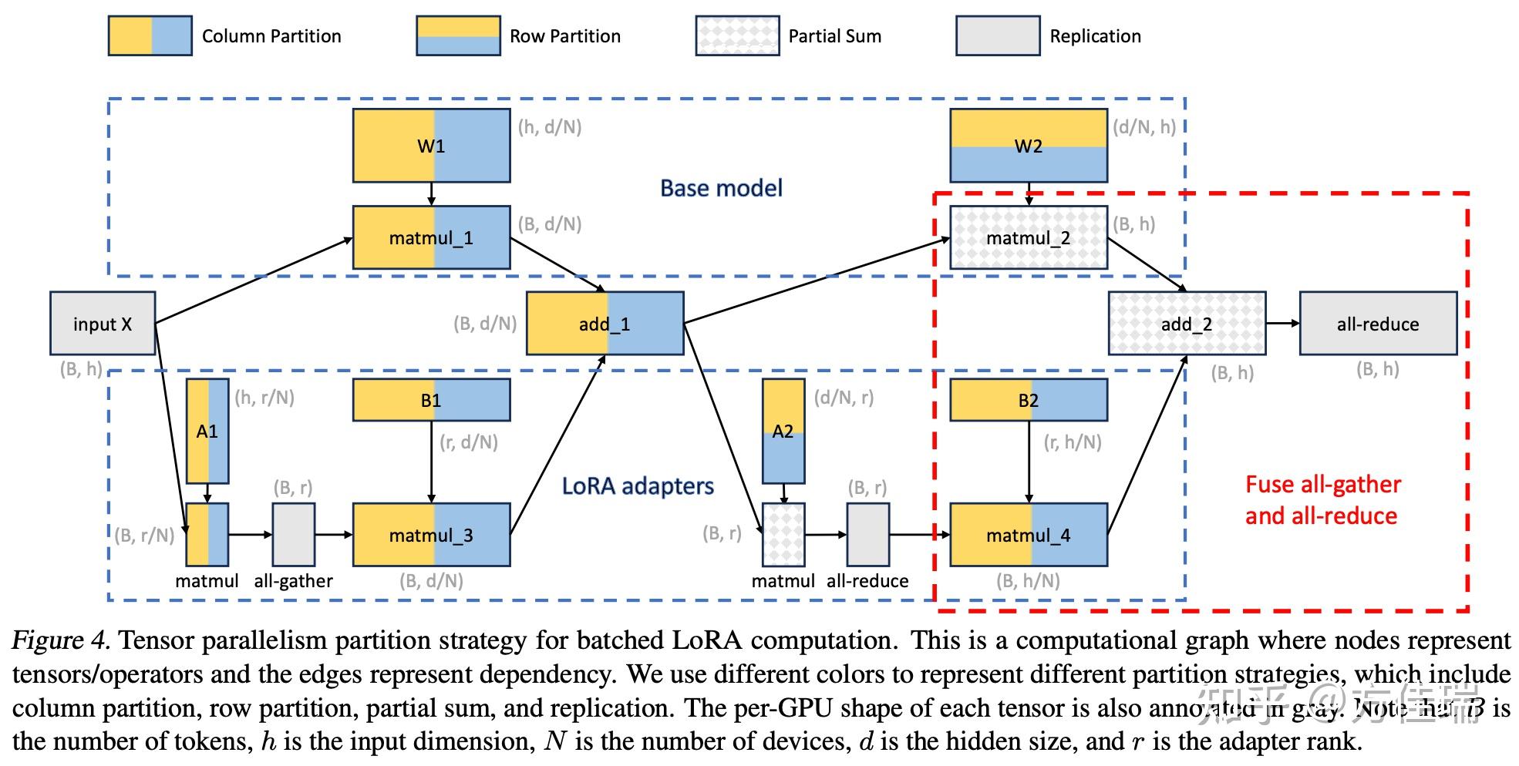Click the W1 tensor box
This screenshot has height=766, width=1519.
[431, 146]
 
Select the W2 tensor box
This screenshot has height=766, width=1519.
[1028, 146]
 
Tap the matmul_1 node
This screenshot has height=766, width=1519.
[431, 237]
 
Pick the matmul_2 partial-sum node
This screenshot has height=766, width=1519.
[1028, 237]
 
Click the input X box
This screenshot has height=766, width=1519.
[103, 324]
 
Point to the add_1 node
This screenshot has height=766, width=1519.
[605, 324]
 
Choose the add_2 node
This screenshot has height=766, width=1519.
[1187, 324]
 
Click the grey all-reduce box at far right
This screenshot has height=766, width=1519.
[1378, 324]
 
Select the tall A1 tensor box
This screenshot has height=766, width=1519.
[207, 431]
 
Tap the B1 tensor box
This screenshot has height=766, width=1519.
[431, 400]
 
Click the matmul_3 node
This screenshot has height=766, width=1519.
[431, 535]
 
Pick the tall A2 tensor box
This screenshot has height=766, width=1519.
[783, 431]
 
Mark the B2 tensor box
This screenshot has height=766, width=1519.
[1028, 400]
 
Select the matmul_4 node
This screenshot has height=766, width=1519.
[1028, 535]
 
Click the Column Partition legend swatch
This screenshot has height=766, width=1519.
[150, 35]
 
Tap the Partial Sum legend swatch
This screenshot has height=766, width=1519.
[737, 35]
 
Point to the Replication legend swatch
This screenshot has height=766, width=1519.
[997, 35]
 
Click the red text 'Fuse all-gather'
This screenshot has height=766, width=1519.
[1322, 485]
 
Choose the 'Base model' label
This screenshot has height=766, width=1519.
[721, 188]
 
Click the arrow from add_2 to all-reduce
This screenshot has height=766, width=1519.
[1282, 324]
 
